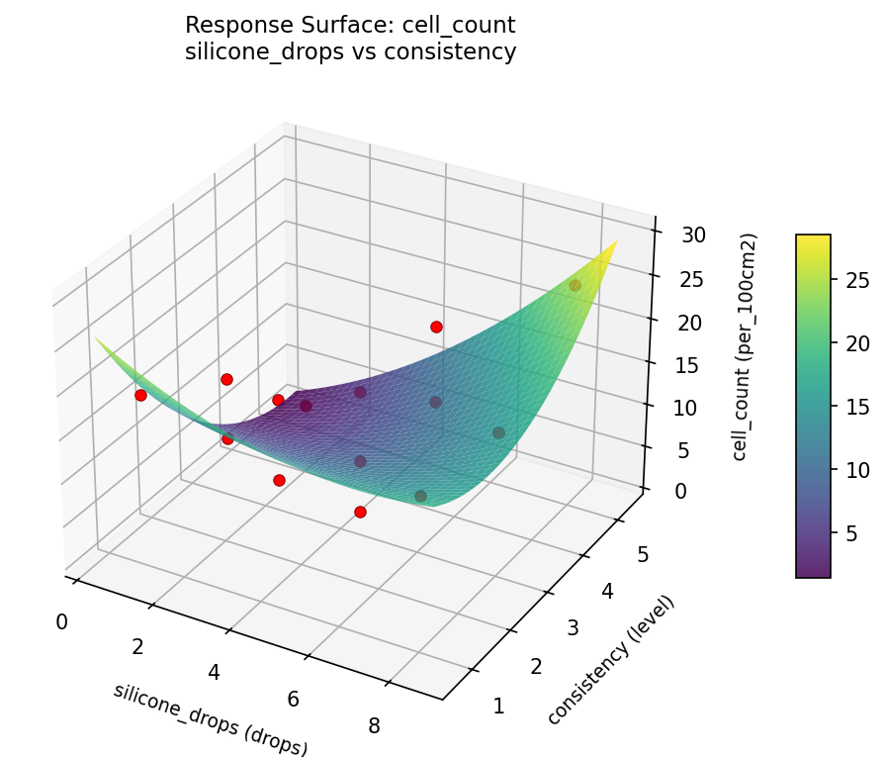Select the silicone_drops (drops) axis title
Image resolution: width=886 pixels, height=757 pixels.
[x=211, y=719]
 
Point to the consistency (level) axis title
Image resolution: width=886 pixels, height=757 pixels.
[x=610, y=660]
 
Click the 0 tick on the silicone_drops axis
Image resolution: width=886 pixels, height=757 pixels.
[x=62, y=621]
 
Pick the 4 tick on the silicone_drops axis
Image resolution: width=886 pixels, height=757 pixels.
[x=214, y=673]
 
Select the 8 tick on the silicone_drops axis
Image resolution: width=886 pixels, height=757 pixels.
[x=374, y=726]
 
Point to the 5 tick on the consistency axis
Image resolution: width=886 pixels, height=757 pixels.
[x=643, y=555]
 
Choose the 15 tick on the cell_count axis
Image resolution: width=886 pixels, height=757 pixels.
[x=690, y=365]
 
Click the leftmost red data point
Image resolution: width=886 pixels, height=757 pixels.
[x=140, y=395]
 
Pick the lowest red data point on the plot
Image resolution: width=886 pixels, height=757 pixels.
[x=360, y=512]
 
